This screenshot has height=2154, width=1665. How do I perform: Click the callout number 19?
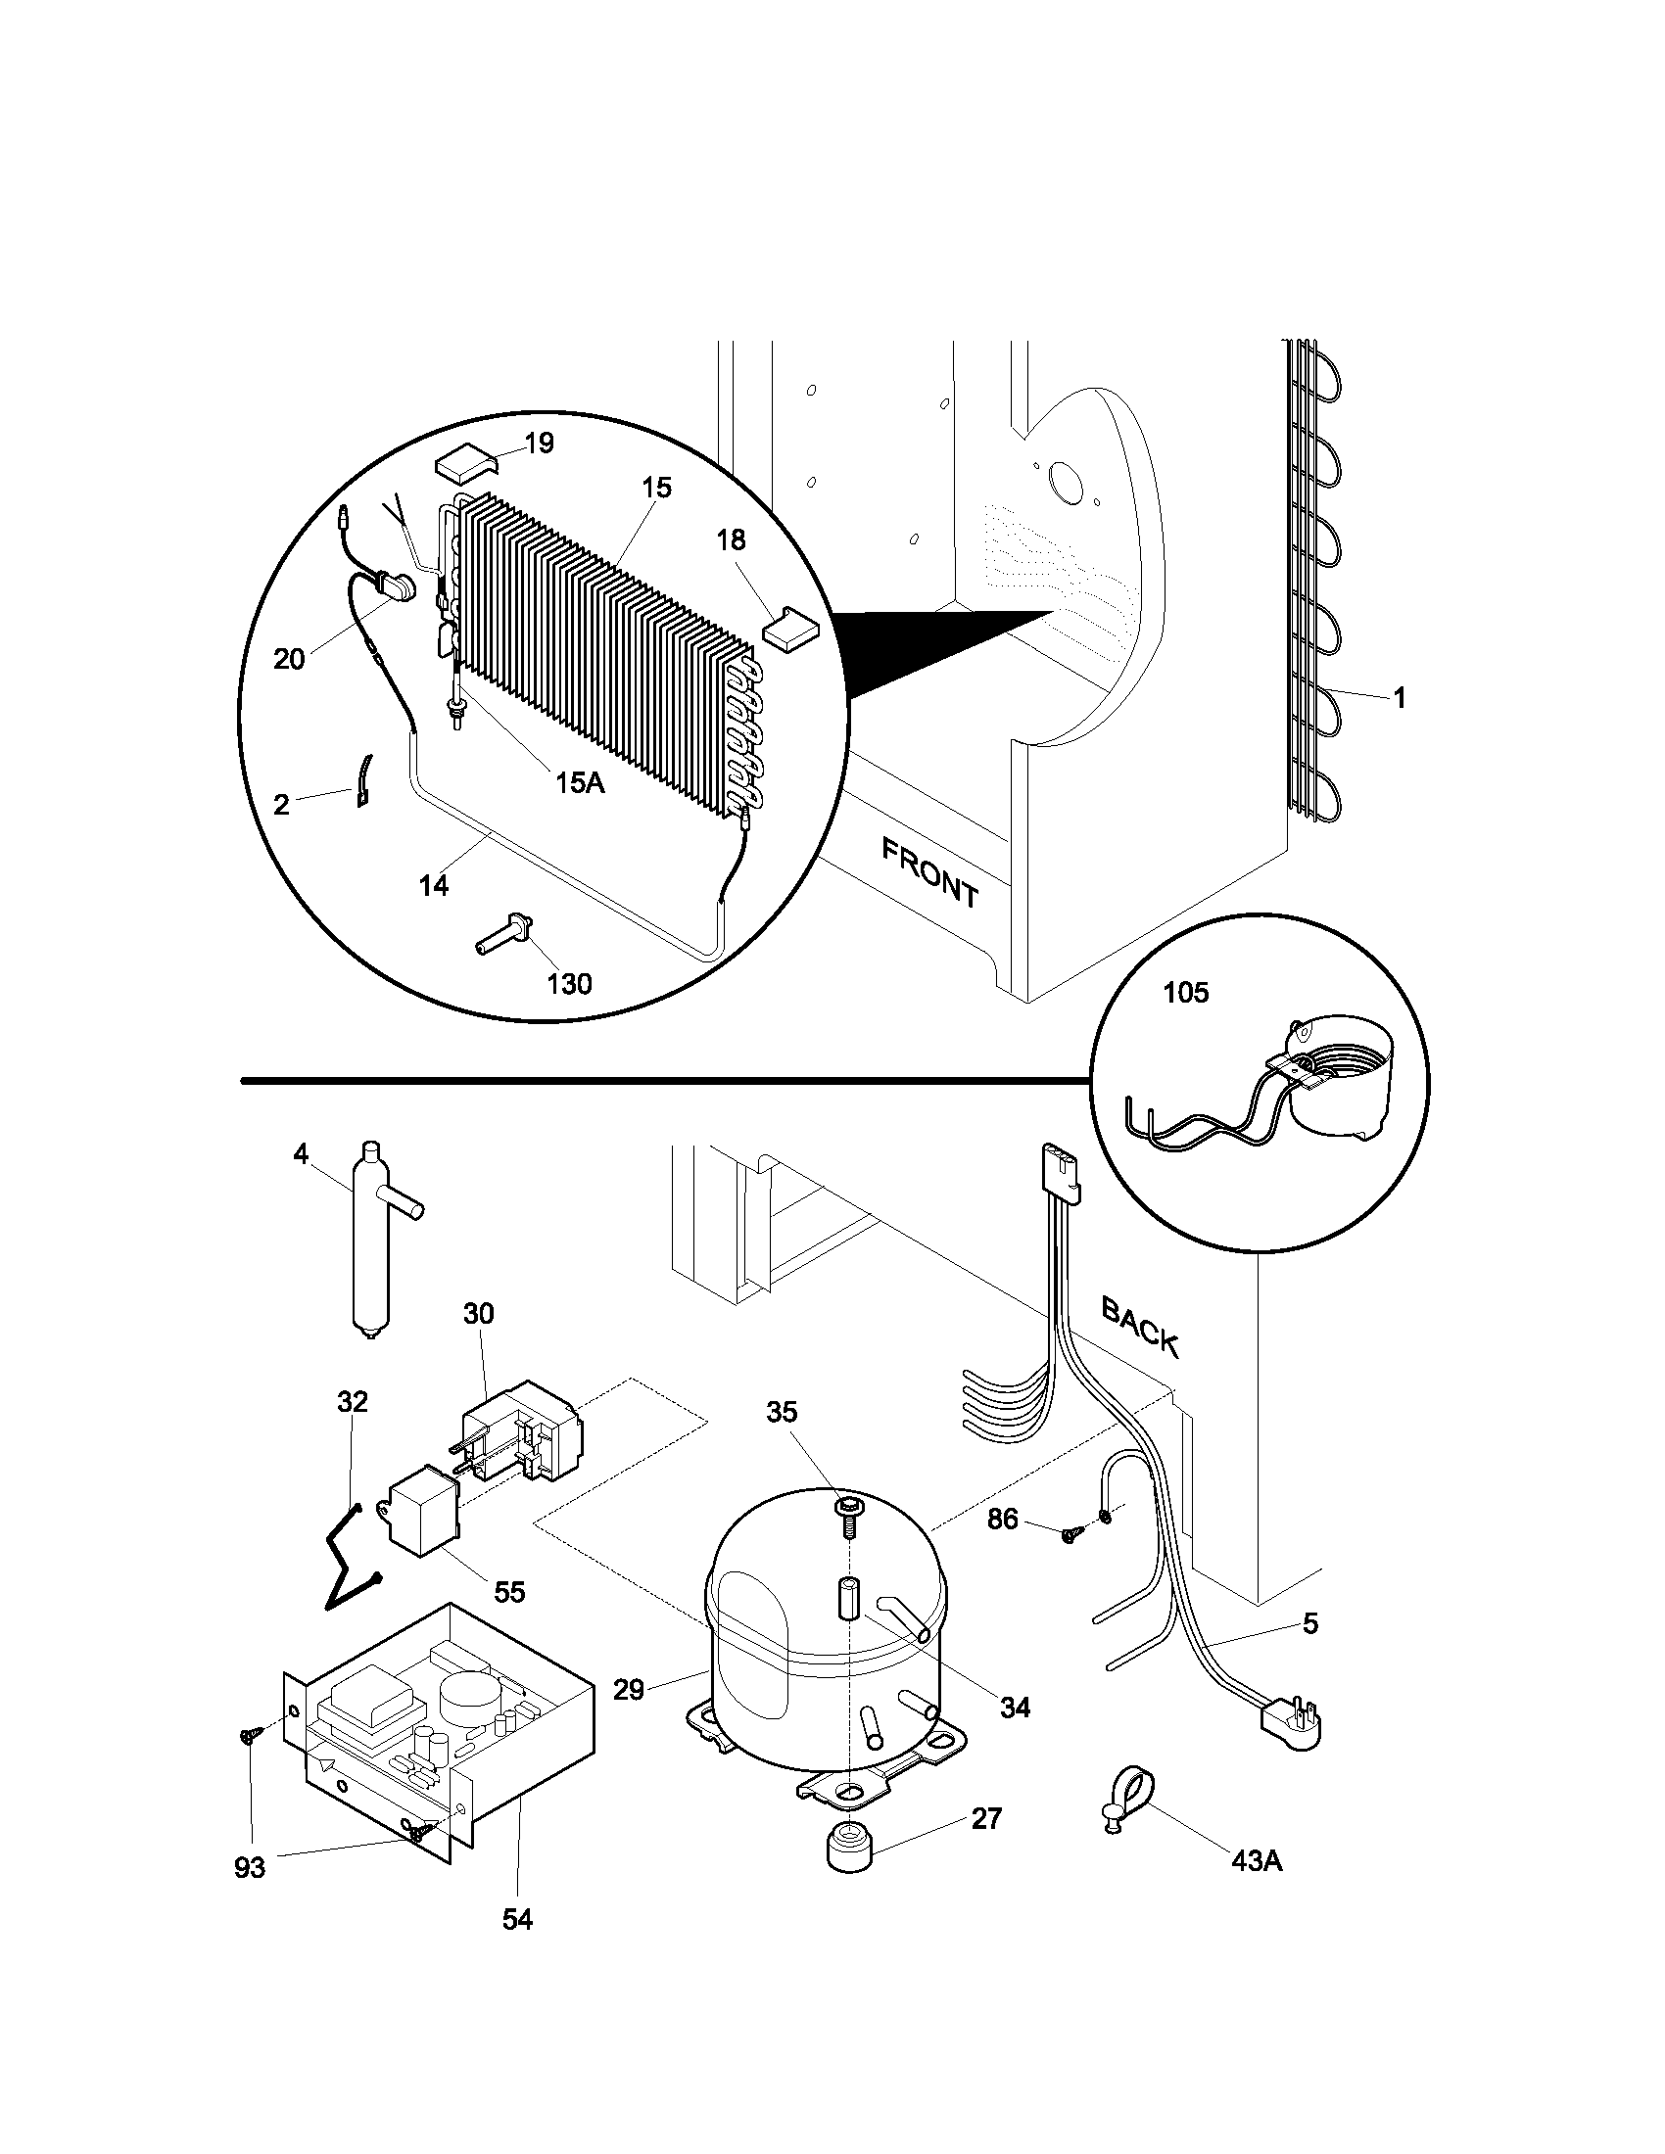pyautogui.click(x=539, y=444)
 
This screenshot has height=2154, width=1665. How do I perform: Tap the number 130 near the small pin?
pyautogui.click(x=569, y=983)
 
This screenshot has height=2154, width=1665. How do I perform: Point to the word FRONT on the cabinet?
pyautogui.click(x=929, y=873)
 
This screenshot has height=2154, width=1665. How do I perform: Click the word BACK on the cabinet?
pyautogui.click(x=1139, y=1327)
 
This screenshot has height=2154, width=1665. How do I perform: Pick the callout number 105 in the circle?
pyautogui.click(x=1186, y=992)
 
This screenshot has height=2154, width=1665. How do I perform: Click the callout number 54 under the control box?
pyautogui.click(x=517, y=1946)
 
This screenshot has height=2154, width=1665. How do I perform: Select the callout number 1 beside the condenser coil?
pyautogui.click(x=1399, y=698)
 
